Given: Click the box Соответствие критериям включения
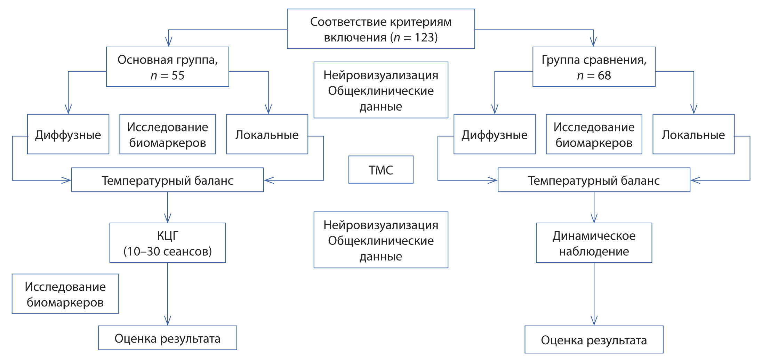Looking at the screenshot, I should click(x=380, y=29).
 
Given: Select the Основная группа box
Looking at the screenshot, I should click(x=167, y=67).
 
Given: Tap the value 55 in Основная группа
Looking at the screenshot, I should click(x=178, y=75).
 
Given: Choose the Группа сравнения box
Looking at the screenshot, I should click(x=594, y=67).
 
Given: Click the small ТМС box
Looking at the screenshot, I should click(x=380, y=170).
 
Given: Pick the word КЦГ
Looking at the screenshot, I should click(x=167, y=236).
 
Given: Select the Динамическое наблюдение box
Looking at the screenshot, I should click(x=594, y=243).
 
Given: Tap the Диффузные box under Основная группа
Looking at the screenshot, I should click(x=68, y=134).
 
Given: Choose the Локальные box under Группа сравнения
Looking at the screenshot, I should click(x=693, y=134).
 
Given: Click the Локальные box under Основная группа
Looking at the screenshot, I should click(x=267, y=134).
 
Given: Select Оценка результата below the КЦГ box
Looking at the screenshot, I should click(x=167, y=338).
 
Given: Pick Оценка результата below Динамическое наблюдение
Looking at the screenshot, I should click(x=594, y=340).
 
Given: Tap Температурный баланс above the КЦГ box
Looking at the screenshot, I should click(x=167, y=180).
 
